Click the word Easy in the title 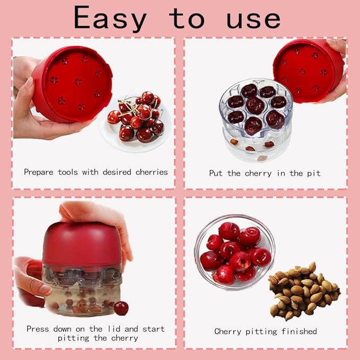(110, 19)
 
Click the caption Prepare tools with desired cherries (95, 172)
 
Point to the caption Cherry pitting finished (265, 331)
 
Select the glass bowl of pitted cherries (233, 252)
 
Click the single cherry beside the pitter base (121, 308)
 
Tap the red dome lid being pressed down (82, 244)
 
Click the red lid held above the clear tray (308, 69)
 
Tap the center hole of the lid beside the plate (78, 81)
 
